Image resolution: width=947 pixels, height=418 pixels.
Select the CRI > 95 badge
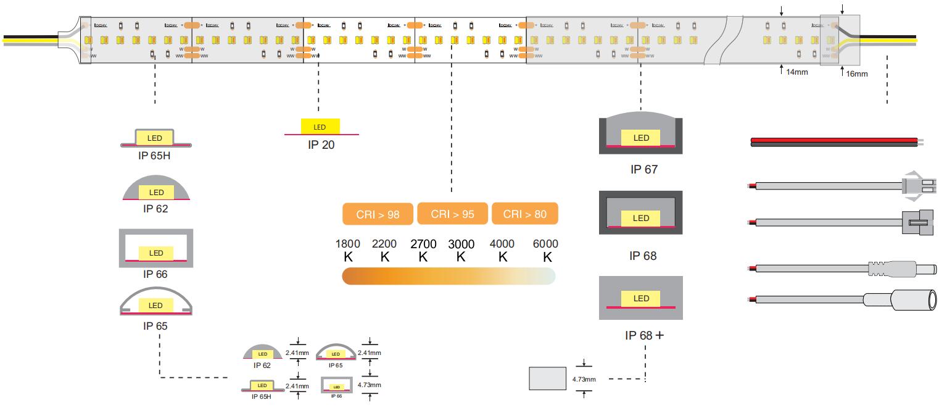[x=453, y=214]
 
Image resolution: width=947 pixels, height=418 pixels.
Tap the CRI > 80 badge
[x=525, y=214]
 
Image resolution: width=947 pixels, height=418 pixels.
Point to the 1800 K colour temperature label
[x=347, y=251]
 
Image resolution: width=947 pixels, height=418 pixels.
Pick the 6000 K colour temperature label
[x=546, y=251]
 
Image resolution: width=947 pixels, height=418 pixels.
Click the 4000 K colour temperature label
[x=502, y=251]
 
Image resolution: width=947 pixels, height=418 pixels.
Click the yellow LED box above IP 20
[x=320, y=127]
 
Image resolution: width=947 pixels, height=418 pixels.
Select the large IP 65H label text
[x=154, y=155]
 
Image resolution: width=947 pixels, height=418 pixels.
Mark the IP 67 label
[x=643, y=169]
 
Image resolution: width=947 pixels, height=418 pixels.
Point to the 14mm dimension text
[x=796, y=72]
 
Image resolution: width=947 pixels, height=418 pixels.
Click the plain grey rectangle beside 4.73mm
[x=548, y=378]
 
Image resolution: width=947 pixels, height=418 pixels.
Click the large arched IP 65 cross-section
[x=155, y=302]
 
